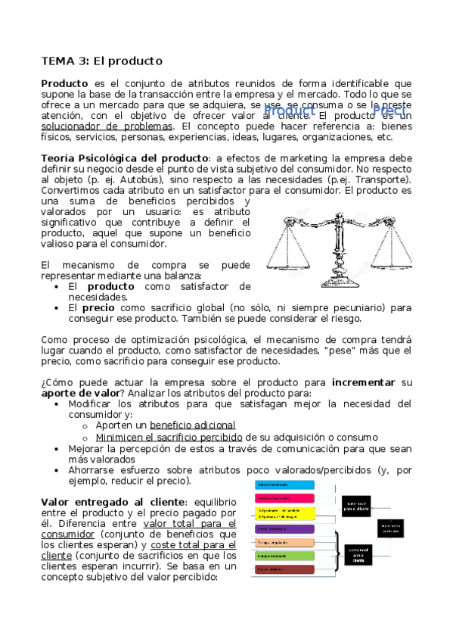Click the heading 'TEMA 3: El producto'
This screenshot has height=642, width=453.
point(101,61)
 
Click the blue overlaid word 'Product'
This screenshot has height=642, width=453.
point(289,111)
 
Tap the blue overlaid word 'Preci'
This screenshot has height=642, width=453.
point(392,111)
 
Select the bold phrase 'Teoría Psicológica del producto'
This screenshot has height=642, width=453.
point(124,157)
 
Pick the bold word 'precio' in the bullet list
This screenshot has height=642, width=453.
point(98,308)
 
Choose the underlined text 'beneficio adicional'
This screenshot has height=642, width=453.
point(192,425)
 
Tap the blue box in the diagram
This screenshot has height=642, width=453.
point(284,484)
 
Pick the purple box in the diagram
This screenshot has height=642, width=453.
point(284,528)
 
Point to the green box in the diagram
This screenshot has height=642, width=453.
point(284,555)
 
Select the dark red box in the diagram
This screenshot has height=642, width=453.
point(284,569)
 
